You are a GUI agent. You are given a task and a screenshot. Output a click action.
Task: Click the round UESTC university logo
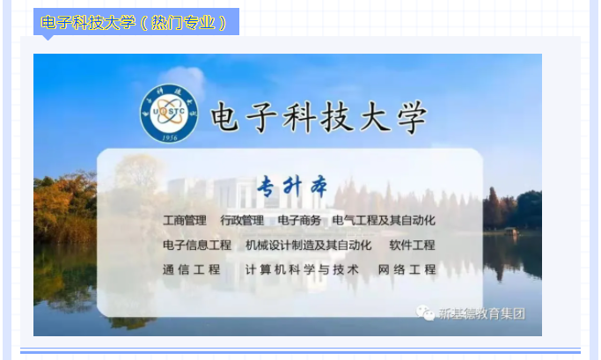pyautogui.click(x=169, y=113)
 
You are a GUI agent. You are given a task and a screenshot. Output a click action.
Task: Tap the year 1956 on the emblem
pyautogui.click(x=169, y=137)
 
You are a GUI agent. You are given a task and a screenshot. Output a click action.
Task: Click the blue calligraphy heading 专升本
pyautogui.click(x=292, y=187)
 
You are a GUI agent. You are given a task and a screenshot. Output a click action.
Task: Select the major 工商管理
pyautogui.click(x=185, y=220)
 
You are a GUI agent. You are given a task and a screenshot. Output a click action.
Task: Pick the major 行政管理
pyautogui.click(x=242, y=220)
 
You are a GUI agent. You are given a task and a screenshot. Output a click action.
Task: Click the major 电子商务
pyautogui.click(x=299, y=220)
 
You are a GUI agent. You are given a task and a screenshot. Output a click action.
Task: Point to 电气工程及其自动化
pyautogui.click(x=384, y=220)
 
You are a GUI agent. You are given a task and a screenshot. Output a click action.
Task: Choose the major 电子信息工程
pyautogui.click(x=197, y=245)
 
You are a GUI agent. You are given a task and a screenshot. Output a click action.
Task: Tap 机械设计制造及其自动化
pyautogui.click(x=309, y=245)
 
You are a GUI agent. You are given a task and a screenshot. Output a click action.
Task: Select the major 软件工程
pyautogui.click(x=413, y=245)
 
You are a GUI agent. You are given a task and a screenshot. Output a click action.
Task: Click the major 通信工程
pyautogui.click(x=192, y=269)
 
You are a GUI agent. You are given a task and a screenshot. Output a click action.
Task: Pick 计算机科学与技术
pyautogui.click(x=302, y=269)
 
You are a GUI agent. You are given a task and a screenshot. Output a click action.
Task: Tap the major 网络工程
pyautogui.click(x=407, y=269)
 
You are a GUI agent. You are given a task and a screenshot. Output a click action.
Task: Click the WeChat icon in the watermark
pyautogui.click(x=425, y=312)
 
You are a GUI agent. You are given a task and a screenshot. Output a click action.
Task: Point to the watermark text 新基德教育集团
pyautogui.click(x=482, y=314)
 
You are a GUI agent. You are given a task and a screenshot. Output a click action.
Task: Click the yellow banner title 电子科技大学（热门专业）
pyautogui.click(x=134, y=23)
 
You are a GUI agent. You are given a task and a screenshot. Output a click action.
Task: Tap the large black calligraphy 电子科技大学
pyautogui.click(x=319, y=117)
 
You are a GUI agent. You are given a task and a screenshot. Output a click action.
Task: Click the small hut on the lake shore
pyautogui.click(x=510, y=231)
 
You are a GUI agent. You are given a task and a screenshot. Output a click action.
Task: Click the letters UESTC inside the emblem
pyautogui.click(x=169, y=112)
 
